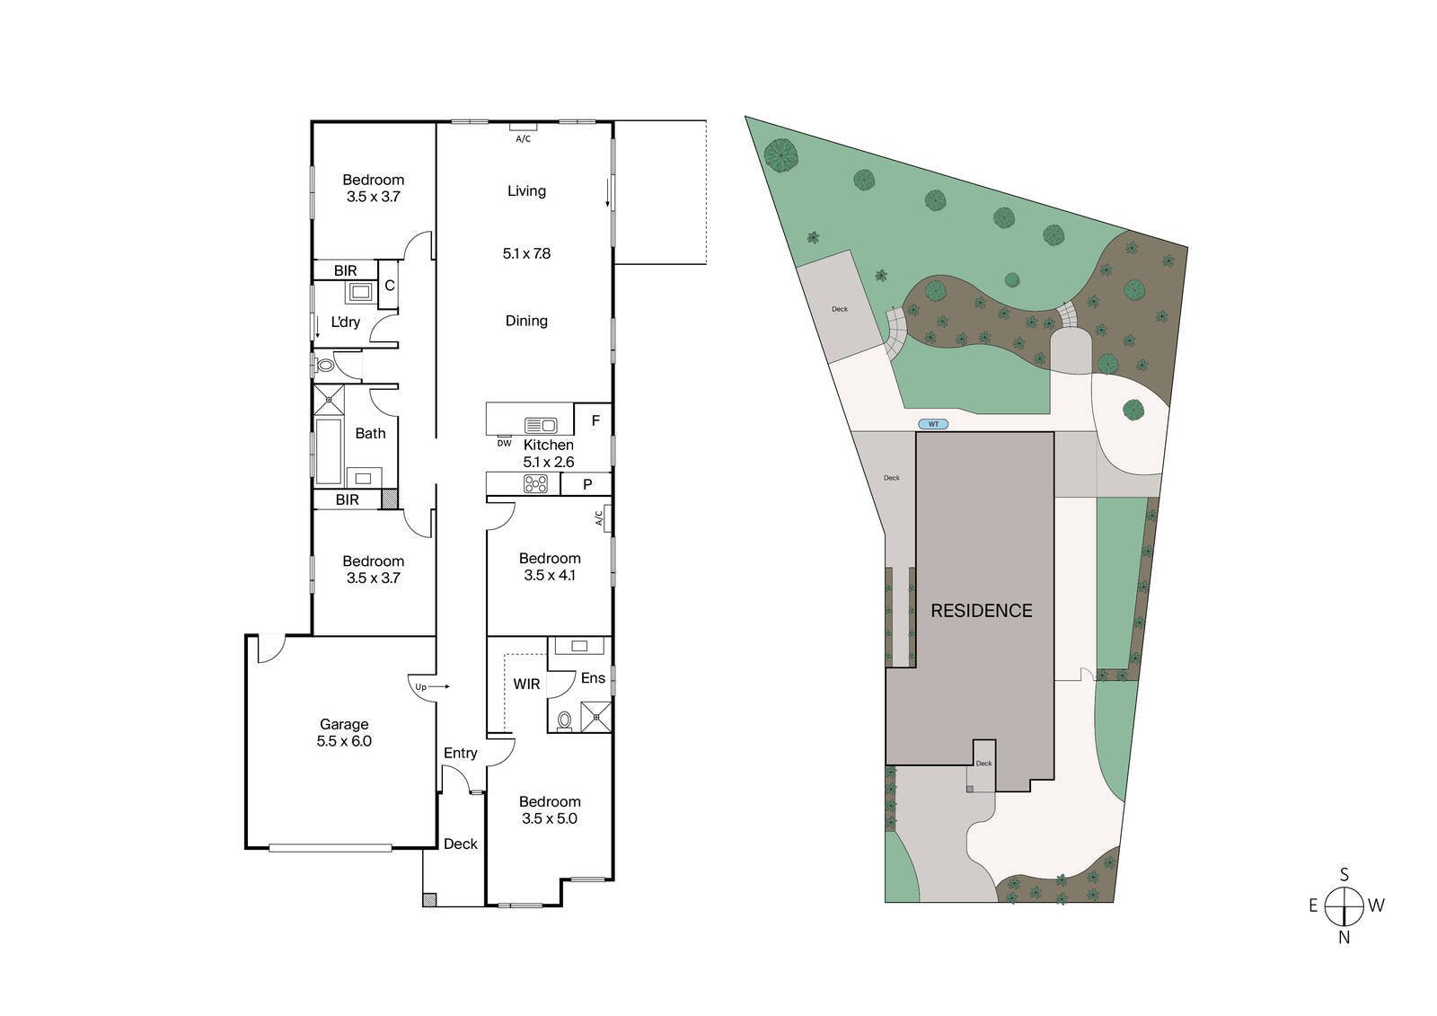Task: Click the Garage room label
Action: [x=344, y=724]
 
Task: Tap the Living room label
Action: [x=526, y=190]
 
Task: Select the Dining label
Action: [x=526, y=321]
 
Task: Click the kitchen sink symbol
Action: [x=541, y=424]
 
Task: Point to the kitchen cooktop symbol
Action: [x=536, y=484]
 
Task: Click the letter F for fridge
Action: [x=595, y=420]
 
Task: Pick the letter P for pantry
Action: [x=587, y=485]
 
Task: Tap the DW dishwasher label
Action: [x=504, y=443]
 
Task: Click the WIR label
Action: [x=526, y=685]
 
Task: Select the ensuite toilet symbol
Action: [x=565, y=720]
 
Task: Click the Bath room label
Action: [x=370, y=433]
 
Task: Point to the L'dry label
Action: [x=346, y=322]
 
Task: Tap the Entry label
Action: [x=460, y=753]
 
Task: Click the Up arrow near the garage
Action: [x=430, y=687]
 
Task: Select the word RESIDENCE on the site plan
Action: [x=981, y=611]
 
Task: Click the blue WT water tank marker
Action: [x=934, y=424]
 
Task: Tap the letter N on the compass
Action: [x=1344, y=938]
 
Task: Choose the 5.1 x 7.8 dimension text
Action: [x=526, y=253]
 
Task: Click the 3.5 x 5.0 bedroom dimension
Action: [x=550, y=818]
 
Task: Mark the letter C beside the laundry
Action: [x=389, y=286]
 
